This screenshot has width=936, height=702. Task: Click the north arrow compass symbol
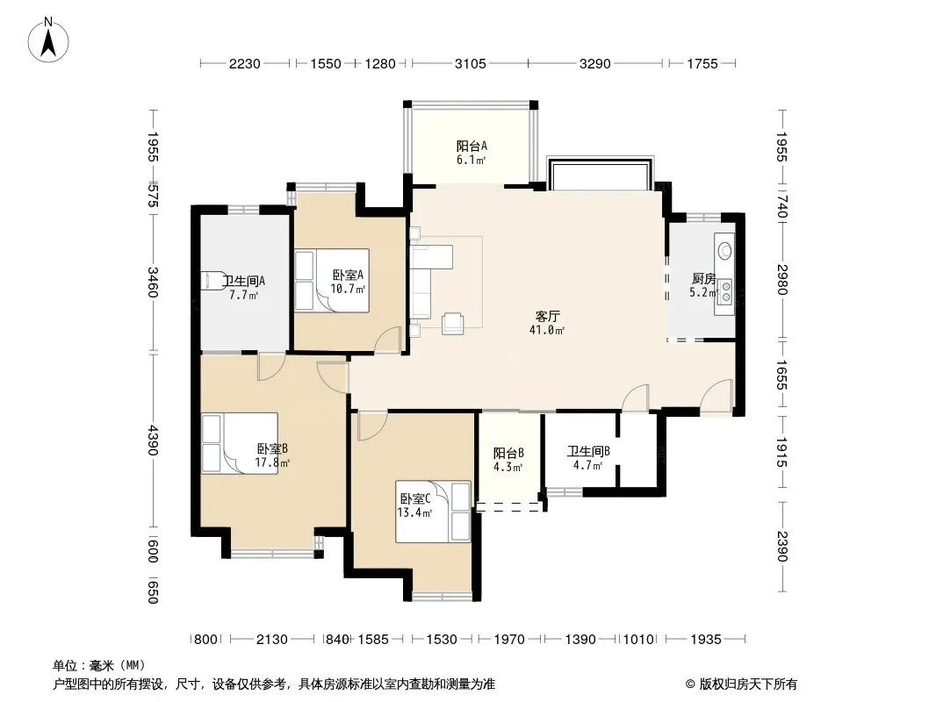[x=48, y=40]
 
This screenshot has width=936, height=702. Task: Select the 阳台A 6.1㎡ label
[x=472, y=153]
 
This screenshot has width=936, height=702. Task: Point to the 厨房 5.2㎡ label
[x=704, y=285]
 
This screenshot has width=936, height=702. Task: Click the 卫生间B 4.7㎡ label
[x=588, y=458]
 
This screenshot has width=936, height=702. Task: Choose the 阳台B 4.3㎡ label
[x=508, y=460]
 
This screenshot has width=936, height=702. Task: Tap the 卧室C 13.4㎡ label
[x=414, y=505]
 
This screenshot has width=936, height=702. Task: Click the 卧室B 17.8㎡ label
[x=272, y=455]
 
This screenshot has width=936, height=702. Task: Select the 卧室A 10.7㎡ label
[x=348, y=282]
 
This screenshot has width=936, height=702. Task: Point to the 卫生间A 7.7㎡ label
[x=243, y=288]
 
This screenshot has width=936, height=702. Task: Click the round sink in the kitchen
[x=724, y=250]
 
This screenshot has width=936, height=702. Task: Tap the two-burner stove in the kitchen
[x=725, y=291]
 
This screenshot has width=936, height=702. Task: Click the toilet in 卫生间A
[x=212, y=281]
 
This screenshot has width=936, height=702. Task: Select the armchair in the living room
[x=452, y=323]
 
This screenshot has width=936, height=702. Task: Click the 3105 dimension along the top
[x=471, y=63]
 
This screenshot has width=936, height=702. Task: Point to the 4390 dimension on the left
[x=153, y=441]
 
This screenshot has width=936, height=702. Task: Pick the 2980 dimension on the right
[x=782, y=279]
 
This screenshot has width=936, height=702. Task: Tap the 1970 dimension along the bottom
[x=509, y=640]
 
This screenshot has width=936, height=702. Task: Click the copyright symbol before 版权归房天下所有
[x=690, y=684]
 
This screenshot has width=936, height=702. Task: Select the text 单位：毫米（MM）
[x=99, y=665]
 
